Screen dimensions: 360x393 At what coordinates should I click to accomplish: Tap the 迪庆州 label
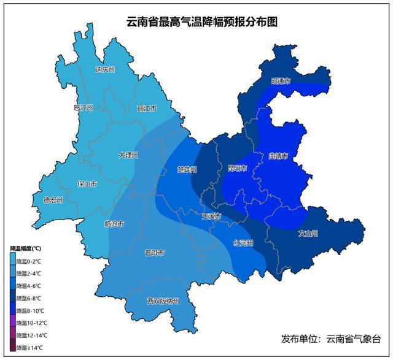[x=105, y=69]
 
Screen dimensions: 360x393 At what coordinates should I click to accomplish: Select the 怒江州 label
[x=83, y=107]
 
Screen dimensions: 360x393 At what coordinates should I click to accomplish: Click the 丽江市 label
[x=147, y=109]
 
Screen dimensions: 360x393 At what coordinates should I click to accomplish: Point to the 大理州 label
[x=128, y=155]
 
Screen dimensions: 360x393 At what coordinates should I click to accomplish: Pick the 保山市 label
[x=87, y=183]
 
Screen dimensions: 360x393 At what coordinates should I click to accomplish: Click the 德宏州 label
[x=53, y=199]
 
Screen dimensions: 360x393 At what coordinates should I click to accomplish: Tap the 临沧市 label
[x=114, y=224]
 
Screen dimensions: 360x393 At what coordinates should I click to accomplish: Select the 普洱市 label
[x=154, y=253]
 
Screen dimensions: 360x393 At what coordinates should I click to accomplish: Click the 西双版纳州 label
[x=163, y=301]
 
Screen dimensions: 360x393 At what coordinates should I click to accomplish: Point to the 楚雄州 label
[x=187, y=169]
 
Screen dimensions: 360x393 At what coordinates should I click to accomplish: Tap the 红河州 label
[x=244, y=243]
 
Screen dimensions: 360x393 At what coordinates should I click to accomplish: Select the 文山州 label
[x=308, y=233]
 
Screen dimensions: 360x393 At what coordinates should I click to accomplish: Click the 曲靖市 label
[x=278, y=156]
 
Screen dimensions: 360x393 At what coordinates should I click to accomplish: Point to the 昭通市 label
[x=280, y=80]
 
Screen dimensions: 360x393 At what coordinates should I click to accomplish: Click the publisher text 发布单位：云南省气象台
[x=331, y=339]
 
